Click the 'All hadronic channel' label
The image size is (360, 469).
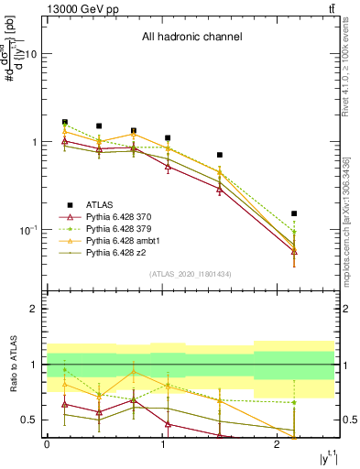point(191,38)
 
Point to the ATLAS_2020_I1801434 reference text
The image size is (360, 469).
point(191,274)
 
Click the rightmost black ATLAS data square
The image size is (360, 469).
point(294,213)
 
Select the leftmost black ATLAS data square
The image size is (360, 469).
point(64,122)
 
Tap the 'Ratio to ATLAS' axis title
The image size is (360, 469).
point(14,365)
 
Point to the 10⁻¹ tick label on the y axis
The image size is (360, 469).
point(27,230)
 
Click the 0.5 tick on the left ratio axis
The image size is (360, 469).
point(29,420)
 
